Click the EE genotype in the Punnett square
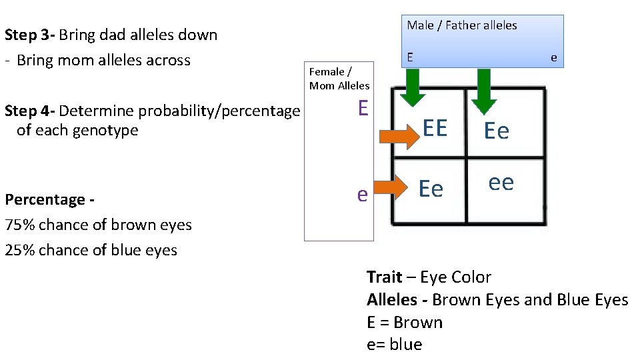click(435, 128)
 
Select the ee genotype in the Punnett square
click(501, 182)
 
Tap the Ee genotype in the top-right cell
click(497, 131)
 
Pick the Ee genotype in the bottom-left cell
click(431, 189)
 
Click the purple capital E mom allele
click(363, 108)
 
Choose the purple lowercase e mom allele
click(362, 194)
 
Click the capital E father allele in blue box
click(410, 57)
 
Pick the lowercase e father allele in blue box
click(553, 57)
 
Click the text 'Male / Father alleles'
click(462, 25)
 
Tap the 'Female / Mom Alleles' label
click(339, 79)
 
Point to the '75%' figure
click(19, 225)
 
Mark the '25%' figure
click(19, 250)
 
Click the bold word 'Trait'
click(384, 277)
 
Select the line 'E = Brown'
click(405, 323)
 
